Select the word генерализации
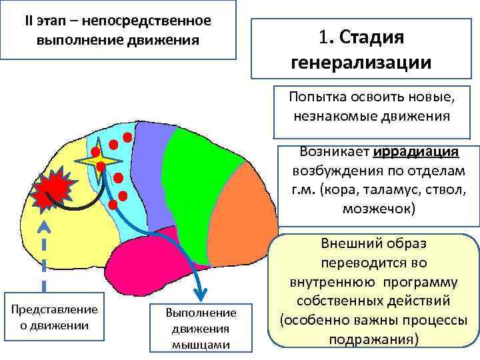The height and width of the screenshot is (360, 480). click(361, 63)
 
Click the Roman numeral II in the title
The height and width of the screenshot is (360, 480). click(30, 19)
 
